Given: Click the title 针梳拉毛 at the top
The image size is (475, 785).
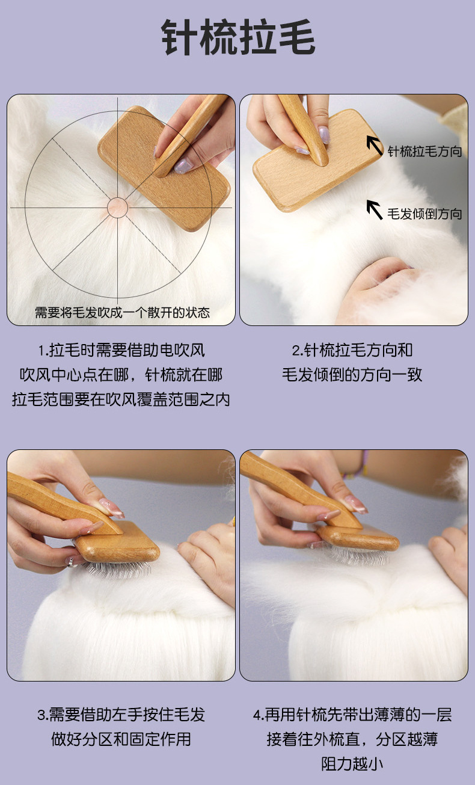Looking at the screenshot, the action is (238, 37).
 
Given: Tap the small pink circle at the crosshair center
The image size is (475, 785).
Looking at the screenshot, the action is (118, 208).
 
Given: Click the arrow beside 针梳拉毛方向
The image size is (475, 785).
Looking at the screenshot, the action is (375, 145).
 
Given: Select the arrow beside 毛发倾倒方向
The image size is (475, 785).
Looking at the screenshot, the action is (375, 209).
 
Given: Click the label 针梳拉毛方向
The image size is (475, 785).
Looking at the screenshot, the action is (424, 152).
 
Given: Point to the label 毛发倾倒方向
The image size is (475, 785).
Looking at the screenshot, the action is (424, 214).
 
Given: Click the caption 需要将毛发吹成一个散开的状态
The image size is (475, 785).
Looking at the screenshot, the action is (122, 312).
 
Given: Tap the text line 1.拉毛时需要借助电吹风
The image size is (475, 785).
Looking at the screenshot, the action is (121, 350).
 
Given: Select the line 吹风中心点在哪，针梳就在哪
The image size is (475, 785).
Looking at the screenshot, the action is (121, 375).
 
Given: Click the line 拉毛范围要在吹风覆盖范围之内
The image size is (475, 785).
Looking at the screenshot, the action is (121, 399).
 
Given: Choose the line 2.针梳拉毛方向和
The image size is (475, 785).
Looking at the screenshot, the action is (352, 350).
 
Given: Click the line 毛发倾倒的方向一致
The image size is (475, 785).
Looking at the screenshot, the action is (352, 375).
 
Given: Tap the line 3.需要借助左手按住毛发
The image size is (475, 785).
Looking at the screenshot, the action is (121, 715).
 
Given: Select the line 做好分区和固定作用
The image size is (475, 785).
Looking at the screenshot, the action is (121, 739).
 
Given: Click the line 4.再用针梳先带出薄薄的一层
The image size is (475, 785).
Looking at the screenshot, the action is (352, 715).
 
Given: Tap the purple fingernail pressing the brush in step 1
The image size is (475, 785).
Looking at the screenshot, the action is (183, 165).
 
